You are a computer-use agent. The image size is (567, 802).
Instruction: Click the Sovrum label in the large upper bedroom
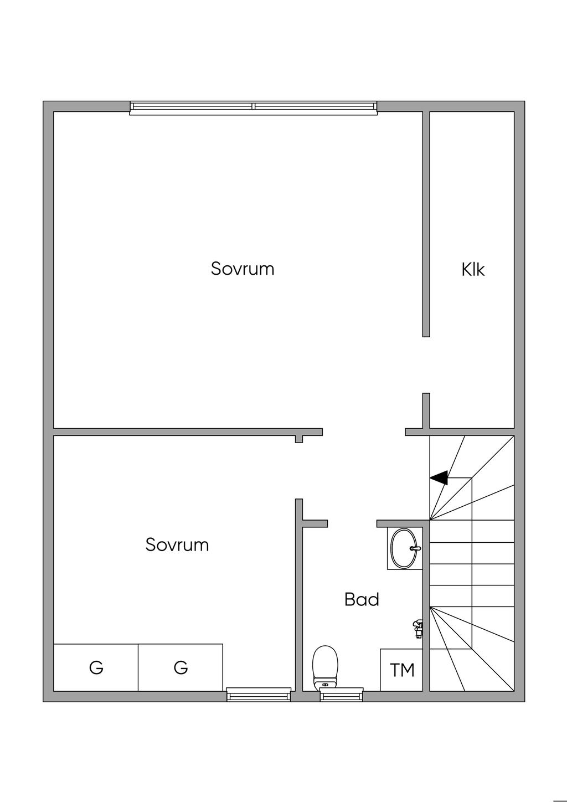(x=243, y=269)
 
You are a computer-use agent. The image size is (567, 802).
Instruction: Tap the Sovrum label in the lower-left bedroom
(x=177, y=545)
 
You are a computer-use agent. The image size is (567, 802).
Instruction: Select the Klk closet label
(x=473, y=270)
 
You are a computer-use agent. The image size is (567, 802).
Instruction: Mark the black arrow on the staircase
(x=439, y=477)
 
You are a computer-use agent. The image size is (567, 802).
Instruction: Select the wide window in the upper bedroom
(x=254, y=108)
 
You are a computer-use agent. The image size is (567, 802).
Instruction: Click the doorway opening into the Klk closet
(x=426, y=365)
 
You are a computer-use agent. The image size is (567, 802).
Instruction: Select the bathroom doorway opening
(x=352, y=524)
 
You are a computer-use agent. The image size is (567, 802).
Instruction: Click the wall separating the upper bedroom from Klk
(x=426, y=224)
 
